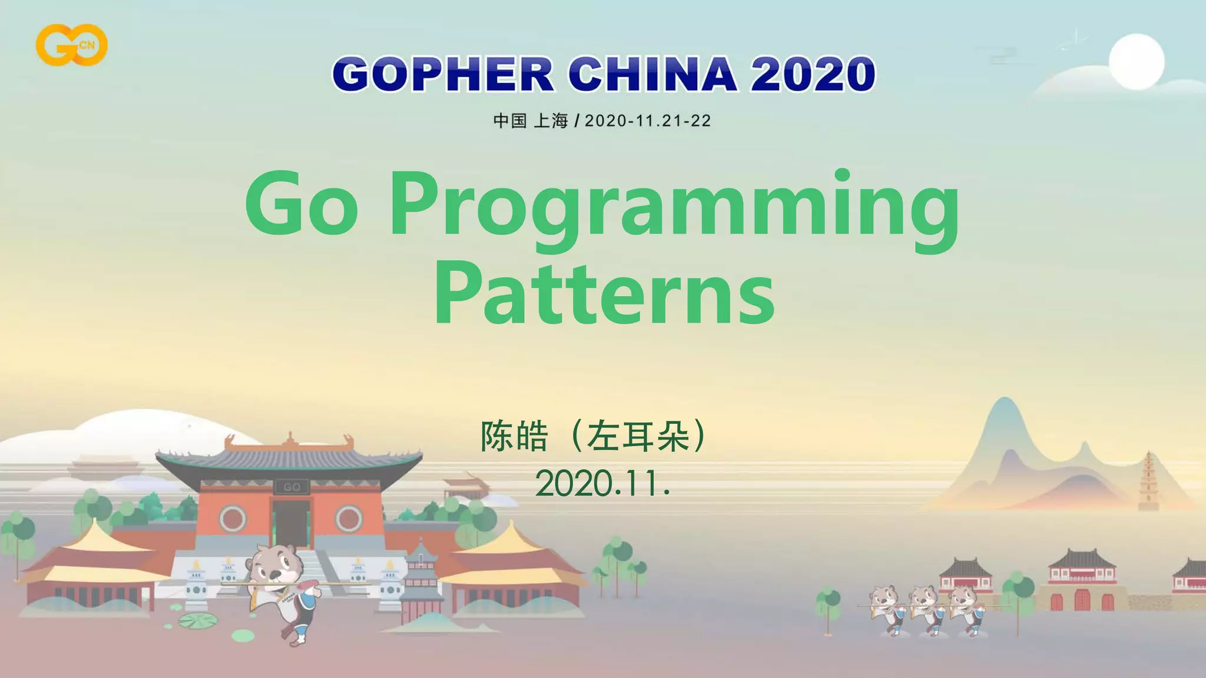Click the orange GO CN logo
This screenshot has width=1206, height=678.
[x=71, y=45]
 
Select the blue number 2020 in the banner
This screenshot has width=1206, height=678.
[x=813, y=75]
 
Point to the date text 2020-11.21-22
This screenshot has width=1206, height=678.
[x=648, y=121]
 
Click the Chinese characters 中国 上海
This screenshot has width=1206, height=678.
[x=530, y=121]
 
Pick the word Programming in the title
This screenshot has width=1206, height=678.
[x=674, y=209]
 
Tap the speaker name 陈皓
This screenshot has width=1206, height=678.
[x=515, y=436]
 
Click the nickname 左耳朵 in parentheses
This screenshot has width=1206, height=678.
[x=638, y=436]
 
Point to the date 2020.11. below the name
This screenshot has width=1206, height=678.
[x=602, y=484]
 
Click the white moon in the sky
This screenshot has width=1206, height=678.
[x=1137, y=62]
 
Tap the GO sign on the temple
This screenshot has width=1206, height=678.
[x=292, y=487]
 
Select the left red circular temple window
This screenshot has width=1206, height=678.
[x=233, y=519]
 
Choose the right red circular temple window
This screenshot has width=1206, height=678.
[x=349, y=519]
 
